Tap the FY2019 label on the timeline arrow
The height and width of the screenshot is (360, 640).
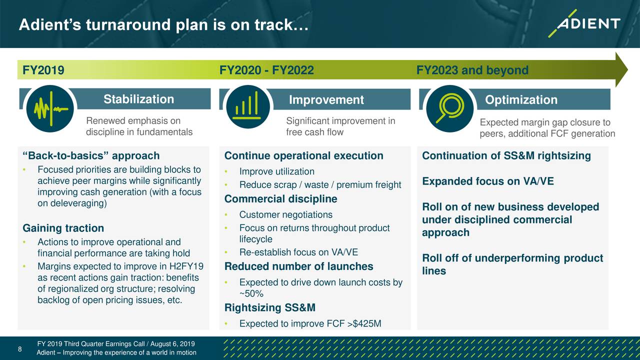click(43, 70)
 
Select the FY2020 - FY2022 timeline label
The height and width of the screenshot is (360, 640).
click(266, 70)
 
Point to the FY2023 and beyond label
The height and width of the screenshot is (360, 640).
click(472, 70)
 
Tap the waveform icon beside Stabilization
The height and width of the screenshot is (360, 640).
click(50, 108)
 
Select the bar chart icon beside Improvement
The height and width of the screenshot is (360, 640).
click(247, 106)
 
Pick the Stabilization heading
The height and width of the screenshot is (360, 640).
click(139, 99)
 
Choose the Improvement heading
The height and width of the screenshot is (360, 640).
click(326, 99)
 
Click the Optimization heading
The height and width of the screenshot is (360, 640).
click(521, 99)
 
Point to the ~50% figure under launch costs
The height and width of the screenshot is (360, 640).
click(251, 293)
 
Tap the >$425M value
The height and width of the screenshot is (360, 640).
click(364, 323)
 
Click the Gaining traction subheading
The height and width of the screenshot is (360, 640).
click(63, 228)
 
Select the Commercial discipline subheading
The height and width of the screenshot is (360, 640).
click(280, 199)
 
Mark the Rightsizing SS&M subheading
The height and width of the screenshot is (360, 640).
click(270, 307)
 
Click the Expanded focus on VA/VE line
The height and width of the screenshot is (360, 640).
click(488, 181)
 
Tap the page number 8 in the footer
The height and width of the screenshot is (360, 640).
click(19, 349)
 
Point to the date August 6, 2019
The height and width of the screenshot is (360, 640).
click(172, 343)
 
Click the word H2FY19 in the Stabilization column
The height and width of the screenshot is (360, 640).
click(186, 266)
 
